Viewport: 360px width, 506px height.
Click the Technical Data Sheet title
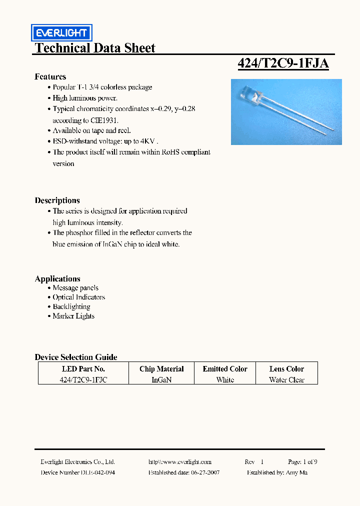95,48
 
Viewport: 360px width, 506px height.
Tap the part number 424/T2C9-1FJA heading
282,63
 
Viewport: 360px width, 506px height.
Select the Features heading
50,76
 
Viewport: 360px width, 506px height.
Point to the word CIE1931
104,120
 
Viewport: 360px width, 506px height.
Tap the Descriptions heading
57,200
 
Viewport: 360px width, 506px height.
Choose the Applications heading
57,279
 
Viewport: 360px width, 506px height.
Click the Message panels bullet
75,288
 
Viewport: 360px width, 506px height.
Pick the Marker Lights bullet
73,316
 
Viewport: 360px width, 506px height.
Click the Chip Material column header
161,369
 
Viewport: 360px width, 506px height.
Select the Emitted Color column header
225,369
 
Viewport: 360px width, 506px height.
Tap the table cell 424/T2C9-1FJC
83,380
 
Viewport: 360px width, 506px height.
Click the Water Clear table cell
286,380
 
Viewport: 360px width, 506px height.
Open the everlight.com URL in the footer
180,462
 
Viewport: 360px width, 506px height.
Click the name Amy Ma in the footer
297,472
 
